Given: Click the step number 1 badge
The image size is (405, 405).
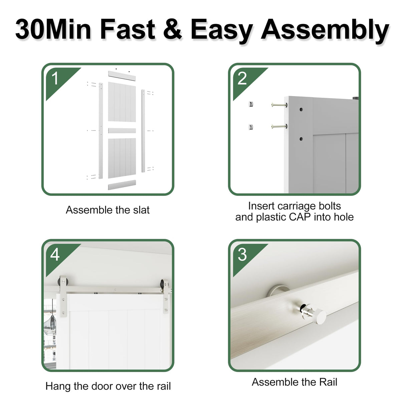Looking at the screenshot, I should (55, 79).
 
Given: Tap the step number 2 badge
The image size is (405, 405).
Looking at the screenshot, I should (242, 79).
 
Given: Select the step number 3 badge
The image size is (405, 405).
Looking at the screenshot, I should (242, 255).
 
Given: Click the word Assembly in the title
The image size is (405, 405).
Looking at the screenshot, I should (325, 30).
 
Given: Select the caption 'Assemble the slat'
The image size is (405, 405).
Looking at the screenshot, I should (107, 210).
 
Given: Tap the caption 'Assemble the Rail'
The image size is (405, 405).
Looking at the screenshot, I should (294, 382).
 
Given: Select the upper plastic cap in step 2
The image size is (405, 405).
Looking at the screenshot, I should (251, 104).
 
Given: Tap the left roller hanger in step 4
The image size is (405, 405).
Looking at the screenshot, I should (63, 295).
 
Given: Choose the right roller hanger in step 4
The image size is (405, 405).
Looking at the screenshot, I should (165, 295).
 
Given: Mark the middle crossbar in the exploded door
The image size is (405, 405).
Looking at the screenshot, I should (122, 130).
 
